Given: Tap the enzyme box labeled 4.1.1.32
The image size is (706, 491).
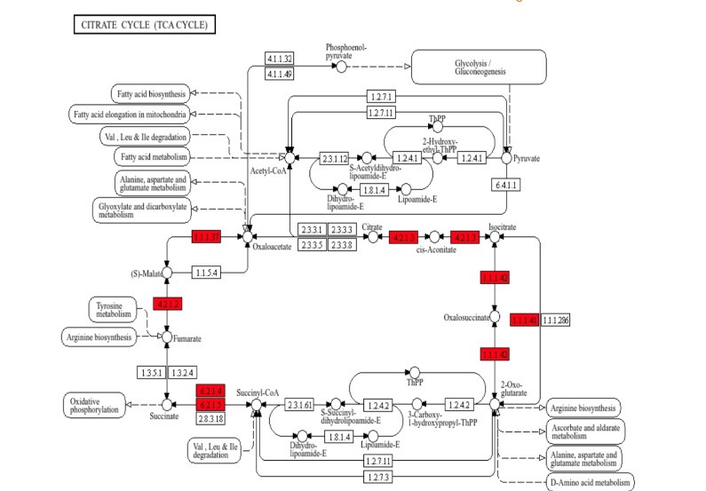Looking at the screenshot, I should (x=279, y=59).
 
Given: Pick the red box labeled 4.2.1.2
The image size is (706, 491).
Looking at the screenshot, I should (x=168, y=304).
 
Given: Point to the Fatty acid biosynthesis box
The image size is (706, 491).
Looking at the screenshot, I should (x=149, y=93).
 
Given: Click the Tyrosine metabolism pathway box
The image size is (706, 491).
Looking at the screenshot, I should (x=113, y=309).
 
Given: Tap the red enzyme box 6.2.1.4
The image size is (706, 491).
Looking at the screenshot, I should (x=210, y=391).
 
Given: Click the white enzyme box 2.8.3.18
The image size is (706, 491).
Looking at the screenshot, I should (x=210, y=417).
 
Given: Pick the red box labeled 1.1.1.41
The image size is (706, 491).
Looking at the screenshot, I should (x=524, y=320).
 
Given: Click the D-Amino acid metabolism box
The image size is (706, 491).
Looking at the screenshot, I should (x=590, y=482).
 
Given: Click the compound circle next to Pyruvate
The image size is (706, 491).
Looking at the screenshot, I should (x=506, y=158).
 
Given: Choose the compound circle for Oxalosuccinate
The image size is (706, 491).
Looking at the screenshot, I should (x=495, y=317).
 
